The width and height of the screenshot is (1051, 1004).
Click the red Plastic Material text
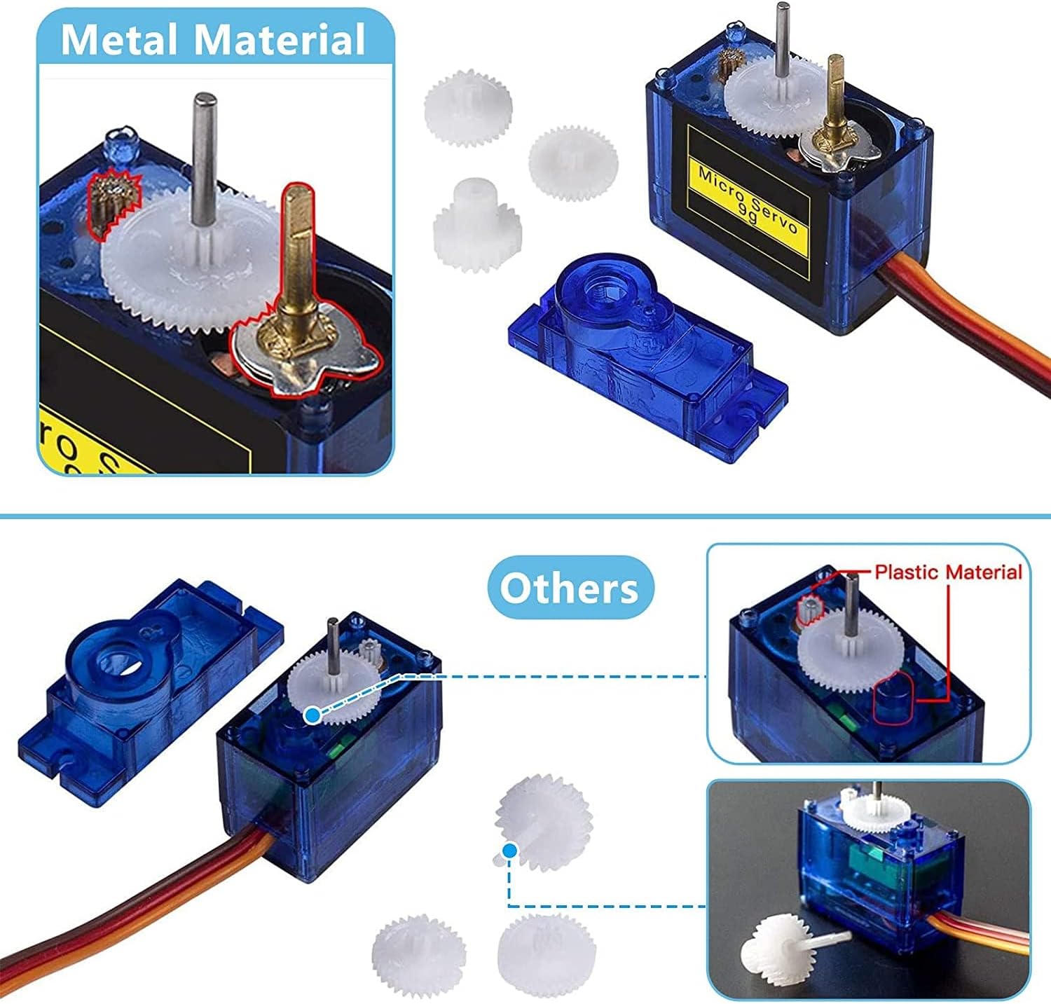(948, 572)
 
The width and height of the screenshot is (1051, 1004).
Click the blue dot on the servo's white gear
(312, 715)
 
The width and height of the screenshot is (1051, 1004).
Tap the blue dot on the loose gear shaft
(509, 849)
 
